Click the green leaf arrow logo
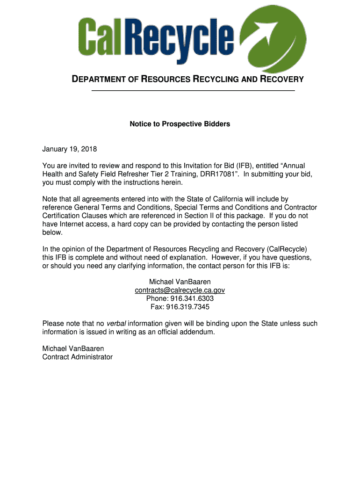tap(276, 36)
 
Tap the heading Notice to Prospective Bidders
tap(180, 124)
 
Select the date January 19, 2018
tap(69, 149)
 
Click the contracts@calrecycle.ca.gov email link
tap(180, 290)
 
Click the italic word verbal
tap(116, 324)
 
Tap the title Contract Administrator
tap(78, 357)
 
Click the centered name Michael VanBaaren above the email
tap(180, 282)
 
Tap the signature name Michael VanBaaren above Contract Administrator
tap(73, 348)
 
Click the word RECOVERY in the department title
tap(282, 79)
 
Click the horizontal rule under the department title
tap(193, 90)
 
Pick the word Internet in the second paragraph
tap(71, 224)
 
